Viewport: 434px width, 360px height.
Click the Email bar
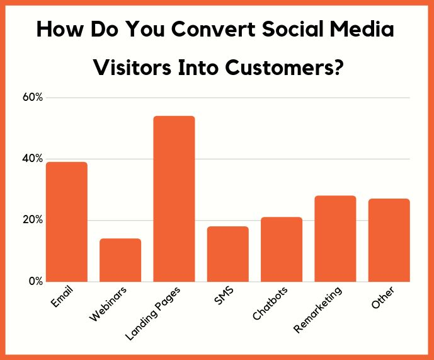point(66,222)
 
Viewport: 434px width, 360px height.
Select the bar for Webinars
point(120,260)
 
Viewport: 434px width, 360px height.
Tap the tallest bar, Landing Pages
point(174,199)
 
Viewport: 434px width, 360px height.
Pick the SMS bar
point(228,253)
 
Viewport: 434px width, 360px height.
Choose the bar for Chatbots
point(282,249)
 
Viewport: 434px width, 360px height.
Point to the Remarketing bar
point(335,238)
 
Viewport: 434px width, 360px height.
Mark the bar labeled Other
point(389,240)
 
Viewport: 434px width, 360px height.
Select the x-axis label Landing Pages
point(154,313)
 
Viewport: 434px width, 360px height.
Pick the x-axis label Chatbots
point(271,303)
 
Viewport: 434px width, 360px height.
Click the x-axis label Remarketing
point(318,308)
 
